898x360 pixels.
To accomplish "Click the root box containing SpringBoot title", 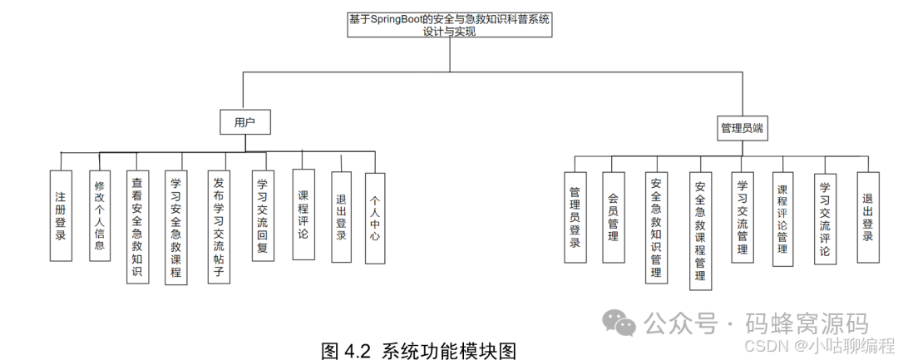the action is pyautogui.click(x=449, y=24).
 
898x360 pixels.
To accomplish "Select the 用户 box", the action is pyautogui.click(x=244, y=123).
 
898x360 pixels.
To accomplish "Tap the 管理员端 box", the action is pyautogui.click(x=742, y=128).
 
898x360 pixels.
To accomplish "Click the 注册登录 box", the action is pyautogui.click(x=61, y=215).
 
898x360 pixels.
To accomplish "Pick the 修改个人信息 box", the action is pyautogui.click(x=99, y=215).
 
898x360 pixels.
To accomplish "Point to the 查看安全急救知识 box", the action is pyautogui.click(x=138, y=228).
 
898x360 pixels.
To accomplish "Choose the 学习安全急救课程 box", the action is pyautogui.click(x=176, y=228).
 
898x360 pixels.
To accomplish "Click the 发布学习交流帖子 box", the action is pyautogui.click(x=219, y=228).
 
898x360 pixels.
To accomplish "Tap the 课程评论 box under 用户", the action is pyautogui.click(x=303, y=215).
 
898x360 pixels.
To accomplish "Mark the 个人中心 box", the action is pyautogui.click(x=375, y=218).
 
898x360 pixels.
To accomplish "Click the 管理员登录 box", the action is pyautogui.click(x=575, y=218).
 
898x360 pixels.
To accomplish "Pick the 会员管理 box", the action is pyautogui.click(x=613, y=218).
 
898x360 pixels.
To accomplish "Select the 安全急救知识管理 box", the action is pyautogui.click(x=657, y=228).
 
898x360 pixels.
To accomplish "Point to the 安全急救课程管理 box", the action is pyautogui.click(x=700, y=231).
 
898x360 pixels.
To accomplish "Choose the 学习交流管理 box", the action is pyautogui.click(x=743, y=218).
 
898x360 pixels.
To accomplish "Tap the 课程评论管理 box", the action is pyautogui.click(x=782, y=219).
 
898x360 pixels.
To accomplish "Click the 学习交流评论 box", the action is pyautogui.click(x=825, y=218).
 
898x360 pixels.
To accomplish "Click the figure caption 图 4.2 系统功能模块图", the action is pyautogui.click(x=418, y=350).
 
